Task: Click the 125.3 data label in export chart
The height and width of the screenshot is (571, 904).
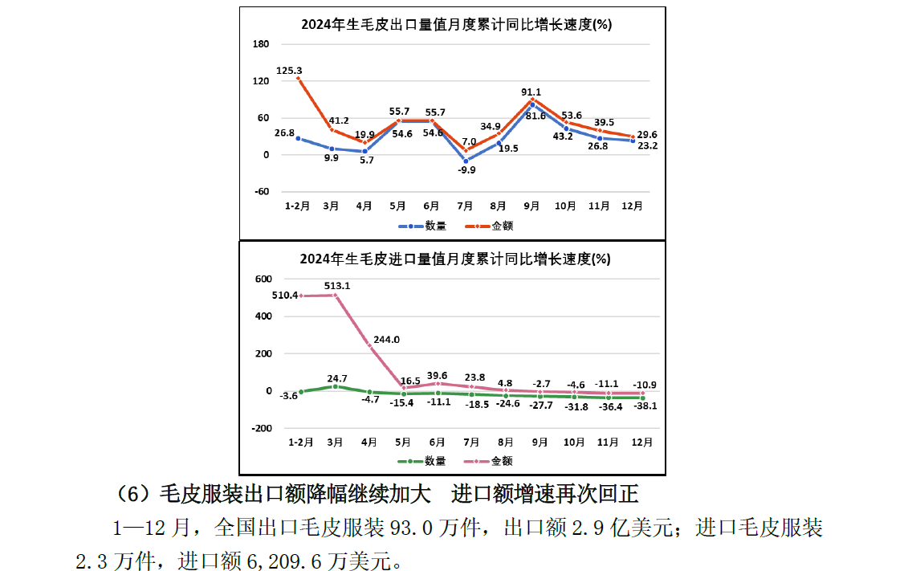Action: point(289,71)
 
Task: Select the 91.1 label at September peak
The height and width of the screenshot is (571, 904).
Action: point(531,92)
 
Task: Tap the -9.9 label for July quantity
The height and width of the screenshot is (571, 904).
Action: point(466,169)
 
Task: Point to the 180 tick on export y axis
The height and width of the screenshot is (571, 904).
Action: point(261,44)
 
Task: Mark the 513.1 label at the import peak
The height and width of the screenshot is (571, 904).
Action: point(337,285)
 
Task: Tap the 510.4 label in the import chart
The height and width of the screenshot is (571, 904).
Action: point(286,295)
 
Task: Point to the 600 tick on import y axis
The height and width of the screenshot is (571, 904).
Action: point(264,279)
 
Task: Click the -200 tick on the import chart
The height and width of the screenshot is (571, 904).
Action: point(262,428)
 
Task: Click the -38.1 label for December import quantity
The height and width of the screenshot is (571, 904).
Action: point(644,406)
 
